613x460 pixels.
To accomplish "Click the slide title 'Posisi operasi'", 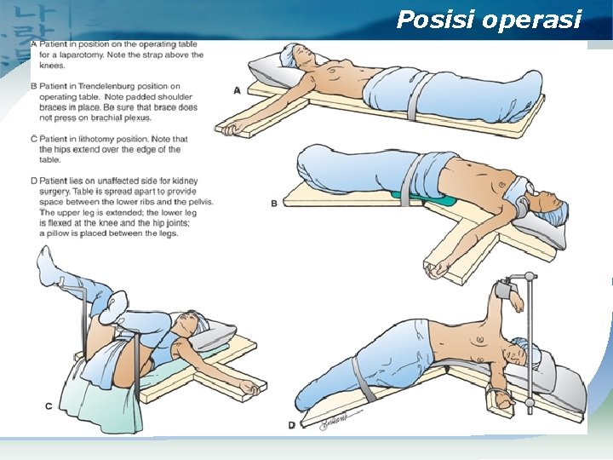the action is [489, 20].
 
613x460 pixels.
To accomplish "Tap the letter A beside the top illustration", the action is [237, 89].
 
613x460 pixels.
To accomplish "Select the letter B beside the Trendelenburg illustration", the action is [273, 203].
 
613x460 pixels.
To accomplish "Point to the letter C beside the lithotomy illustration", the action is [49, 406].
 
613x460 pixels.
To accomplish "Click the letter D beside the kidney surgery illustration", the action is [291, 423].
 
